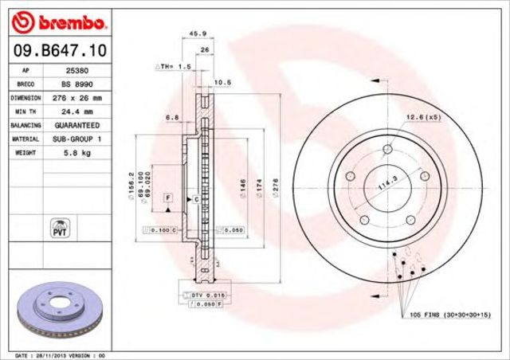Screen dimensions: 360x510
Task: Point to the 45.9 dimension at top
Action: click(x=193, y=33)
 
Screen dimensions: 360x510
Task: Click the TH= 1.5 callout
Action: click(x=174, y=67)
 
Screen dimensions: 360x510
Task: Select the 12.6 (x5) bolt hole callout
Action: click(x=425, y=118)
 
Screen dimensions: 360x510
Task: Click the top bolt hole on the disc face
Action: click(x=389, y=149)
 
